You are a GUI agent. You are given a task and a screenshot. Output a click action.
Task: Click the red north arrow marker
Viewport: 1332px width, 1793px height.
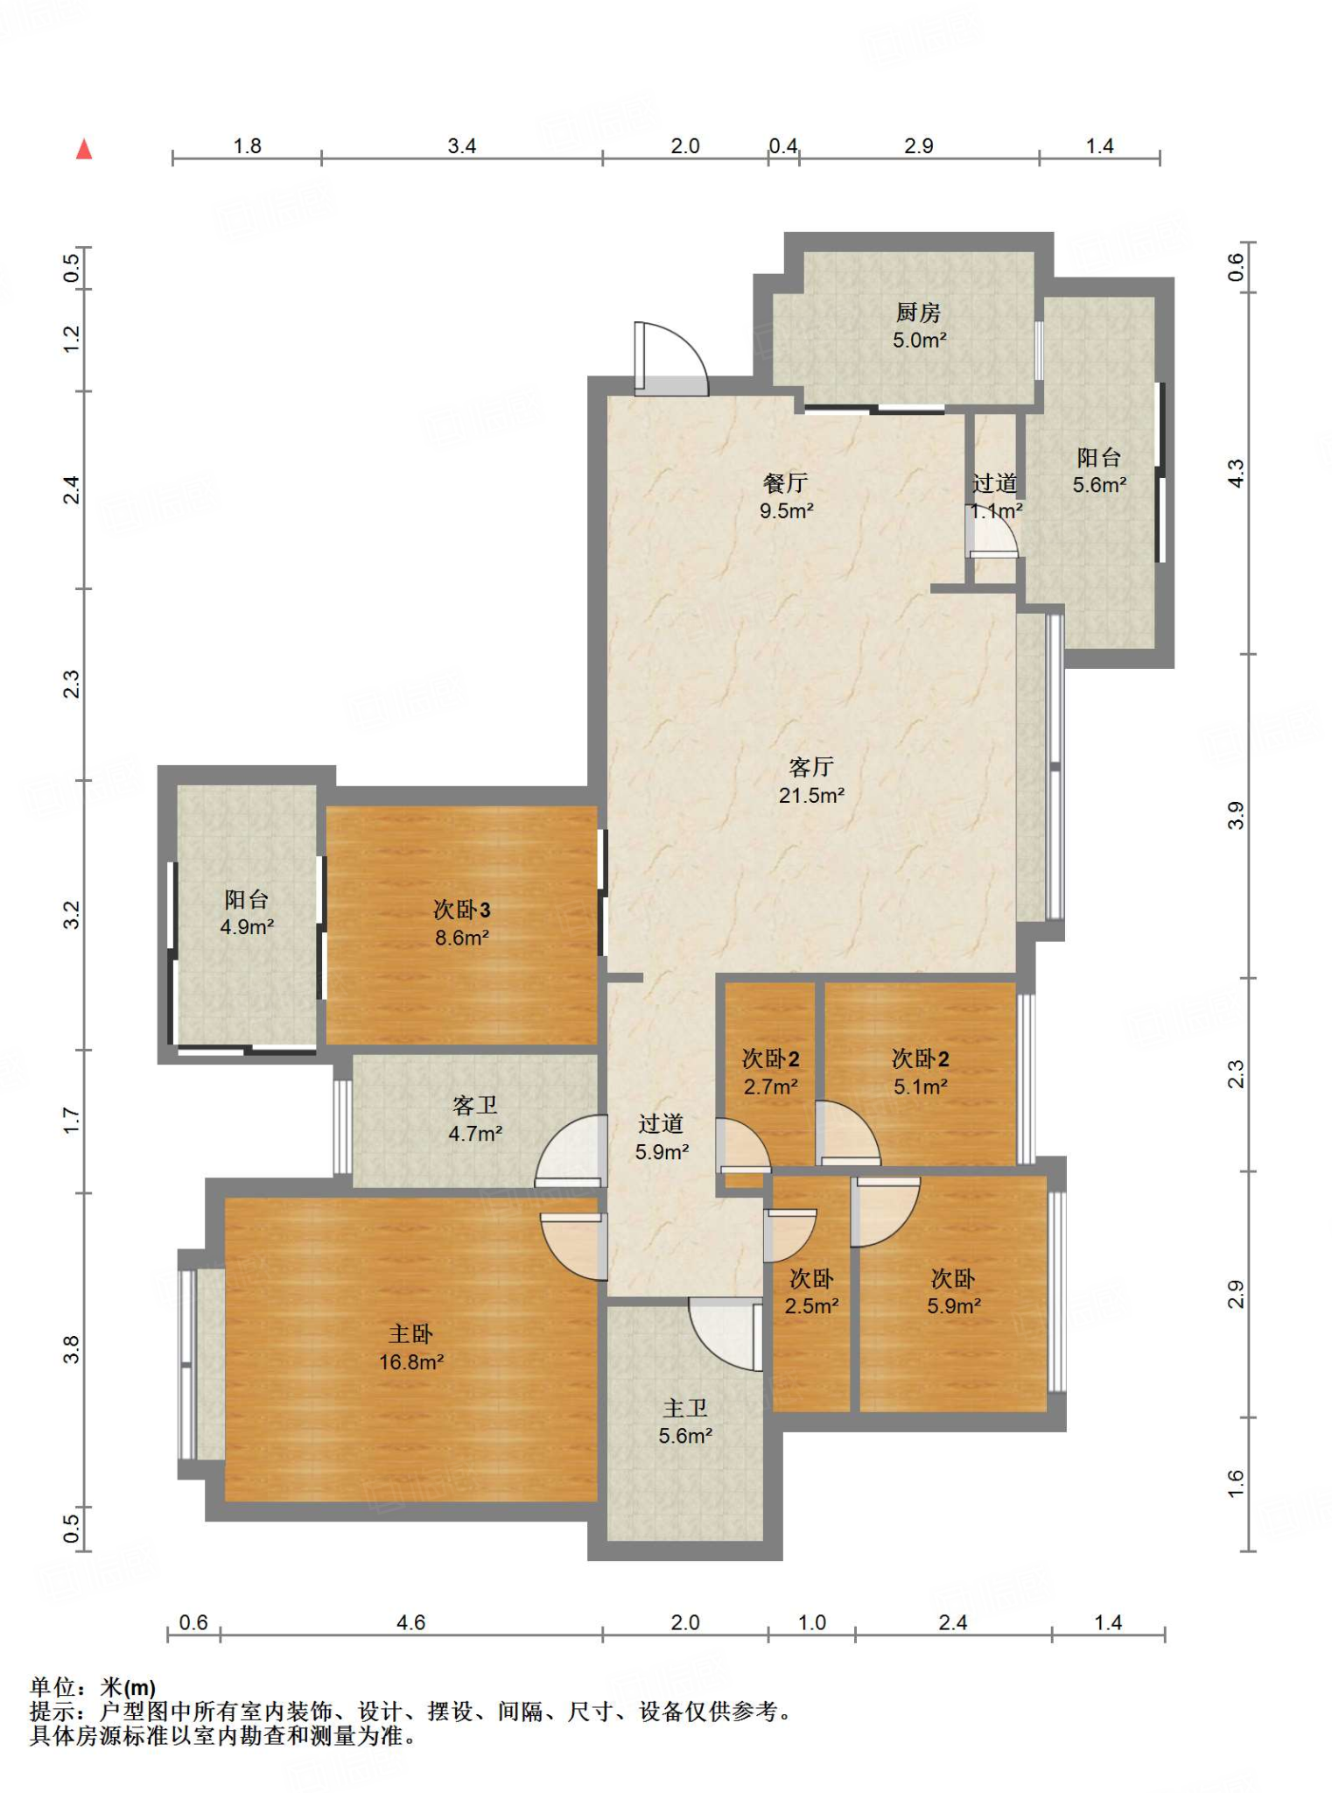point(84,150)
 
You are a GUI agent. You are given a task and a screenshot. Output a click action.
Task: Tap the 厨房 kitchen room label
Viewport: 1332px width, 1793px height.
point(918,313)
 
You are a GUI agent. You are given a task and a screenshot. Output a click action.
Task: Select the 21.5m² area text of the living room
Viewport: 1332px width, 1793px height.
point(811,795)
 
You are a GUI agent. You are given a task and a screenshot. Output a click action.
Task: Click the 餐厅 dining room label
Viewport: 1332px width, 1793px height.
point(785,482)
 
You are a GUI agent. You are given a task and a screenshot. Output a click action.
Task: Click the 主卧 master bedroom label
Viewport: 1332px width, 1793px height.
point(410,1334)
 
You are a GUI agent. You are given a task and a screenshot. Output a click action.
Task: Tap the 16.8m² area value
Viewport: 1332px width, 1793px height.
point(410,1362)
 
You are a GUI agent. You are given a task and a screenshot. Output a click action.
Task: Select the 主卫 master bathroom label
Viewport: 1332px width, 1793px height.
point(684,1408)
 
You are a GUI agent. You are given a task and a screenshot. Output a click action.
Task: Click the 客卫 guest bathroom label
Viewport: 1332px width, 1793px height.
point(474,1106)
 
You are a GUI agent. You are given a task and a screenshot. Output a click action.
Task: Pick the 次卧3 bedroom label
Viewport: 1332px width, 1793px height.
point(461,910)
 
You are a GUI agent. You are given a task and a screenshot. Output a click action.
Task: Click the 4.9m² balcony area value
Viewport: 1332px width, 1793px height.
point(247,927)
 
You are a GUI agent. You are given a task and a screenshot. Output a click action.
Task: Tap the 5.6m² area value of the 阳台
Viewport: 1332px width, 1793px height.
point(1099,485)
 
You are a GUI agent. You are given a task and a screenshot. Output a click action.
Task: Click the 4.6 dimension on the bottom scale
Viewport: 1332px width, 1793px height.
point(410,1622)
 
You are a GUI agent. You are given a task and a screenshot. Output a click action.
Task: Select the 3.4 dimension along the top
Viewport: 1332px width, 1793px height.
point(461,146)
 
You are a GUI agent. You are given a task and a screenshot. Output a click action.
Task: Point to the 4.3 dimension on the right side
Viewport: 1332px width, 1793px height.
point(1235,474)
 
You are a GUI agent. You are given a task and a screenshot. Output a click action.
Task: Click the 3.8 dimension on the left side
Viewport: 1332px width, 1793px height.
point(72,1349)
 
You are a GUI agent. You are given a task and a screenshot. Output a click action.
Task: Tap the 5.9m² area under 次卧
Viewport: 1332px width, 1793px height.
point(953,1306)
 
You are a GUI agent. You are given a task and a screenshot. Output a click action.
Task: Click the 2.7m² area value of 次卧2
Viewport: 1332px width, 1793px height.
point(770,1086)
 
